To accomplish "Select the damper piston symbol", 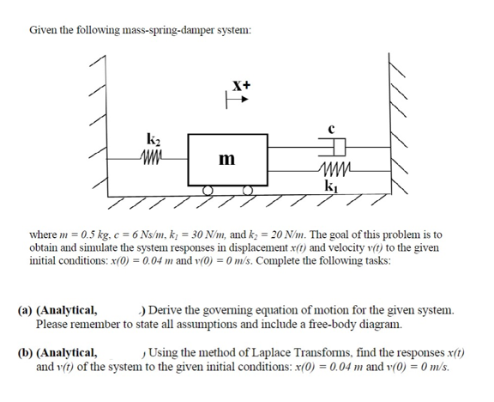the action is [331, 146].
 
